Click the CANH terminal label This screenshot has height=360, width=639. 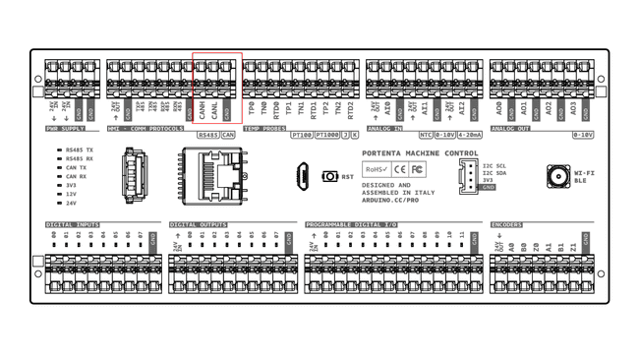[203, 109]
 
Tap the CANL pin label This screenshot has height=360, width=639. [215, 109]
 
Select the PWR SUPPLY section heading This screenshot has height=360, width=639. [66, 129]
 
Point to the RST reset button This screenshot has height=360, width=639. [330, 177]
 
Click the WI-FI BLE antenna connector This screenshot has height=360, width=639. [558, 177]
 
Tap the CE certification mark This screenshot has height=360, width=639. [400, 170]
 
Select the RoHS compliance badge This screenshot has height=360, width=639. [377, 170]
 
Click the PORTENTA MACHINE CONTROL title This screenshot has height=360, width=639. [420, 153]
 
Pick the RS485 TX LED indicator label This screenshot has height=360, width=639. [79, 150]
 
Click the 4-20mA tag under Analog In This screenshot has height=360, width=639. [470, 136]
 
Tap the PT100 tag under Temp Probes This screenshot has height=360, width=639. [302, 136]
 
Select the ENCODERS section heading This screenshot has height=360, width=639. [506, 224]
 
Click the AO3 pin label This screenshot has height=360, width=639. [574, 108]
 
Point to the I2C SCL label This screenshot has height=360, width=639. [494, 166]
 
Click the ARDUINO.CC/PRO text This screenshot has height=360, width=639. [390, 200]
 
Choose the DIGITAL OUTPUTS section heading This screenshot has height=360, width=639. [198, 224]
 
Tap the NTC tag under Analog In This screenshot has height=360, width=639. [426, 136]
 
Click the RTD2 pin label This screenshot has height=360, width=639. [351, 108]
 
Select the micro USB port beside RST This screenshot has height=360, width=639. [305, 176]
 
